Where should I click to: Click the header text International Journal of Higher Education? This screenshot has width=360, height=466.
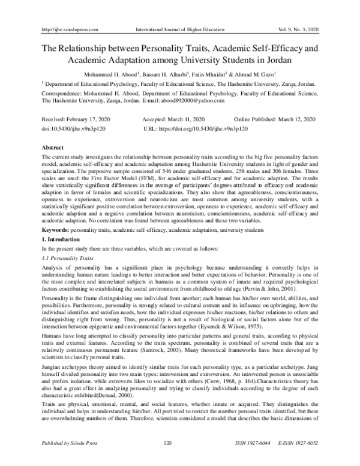coord(178,29)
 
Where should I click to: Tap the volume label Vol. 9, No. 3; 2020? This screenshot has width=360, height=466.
coord(296,29)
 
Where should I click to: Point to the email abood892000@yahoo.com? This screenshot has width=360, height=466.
coord(195,101)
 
